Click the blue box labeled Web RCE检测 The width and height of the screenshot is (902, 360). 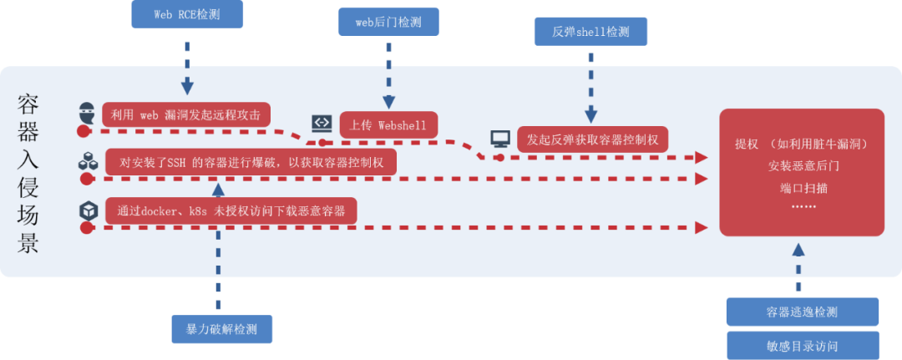[x=187, y=14]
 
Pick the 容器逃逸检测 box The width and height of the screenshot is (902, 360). [x=802, y=312]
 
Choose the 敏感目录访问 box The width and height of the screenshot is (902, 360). [x=802, y=346]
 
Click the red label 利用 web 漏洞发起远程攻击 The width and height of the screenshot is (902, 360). [x=185, y=115]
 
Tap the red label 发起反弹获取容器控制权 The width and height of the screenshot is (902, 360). [x=592, y=139]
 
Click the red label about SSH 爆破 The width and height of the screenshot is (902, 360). [x=251, y=162]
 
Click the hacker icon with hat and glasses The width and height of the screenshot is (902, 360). [x=88, y=112]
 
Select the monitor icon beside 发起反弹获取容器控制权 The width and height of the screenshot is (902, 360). [x=500, y=139]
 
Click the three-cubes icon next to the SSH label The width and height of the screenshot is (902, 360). [x=88, y=161]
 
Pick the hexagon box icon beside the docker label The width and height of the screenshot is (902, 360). [x=88, y=210]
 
